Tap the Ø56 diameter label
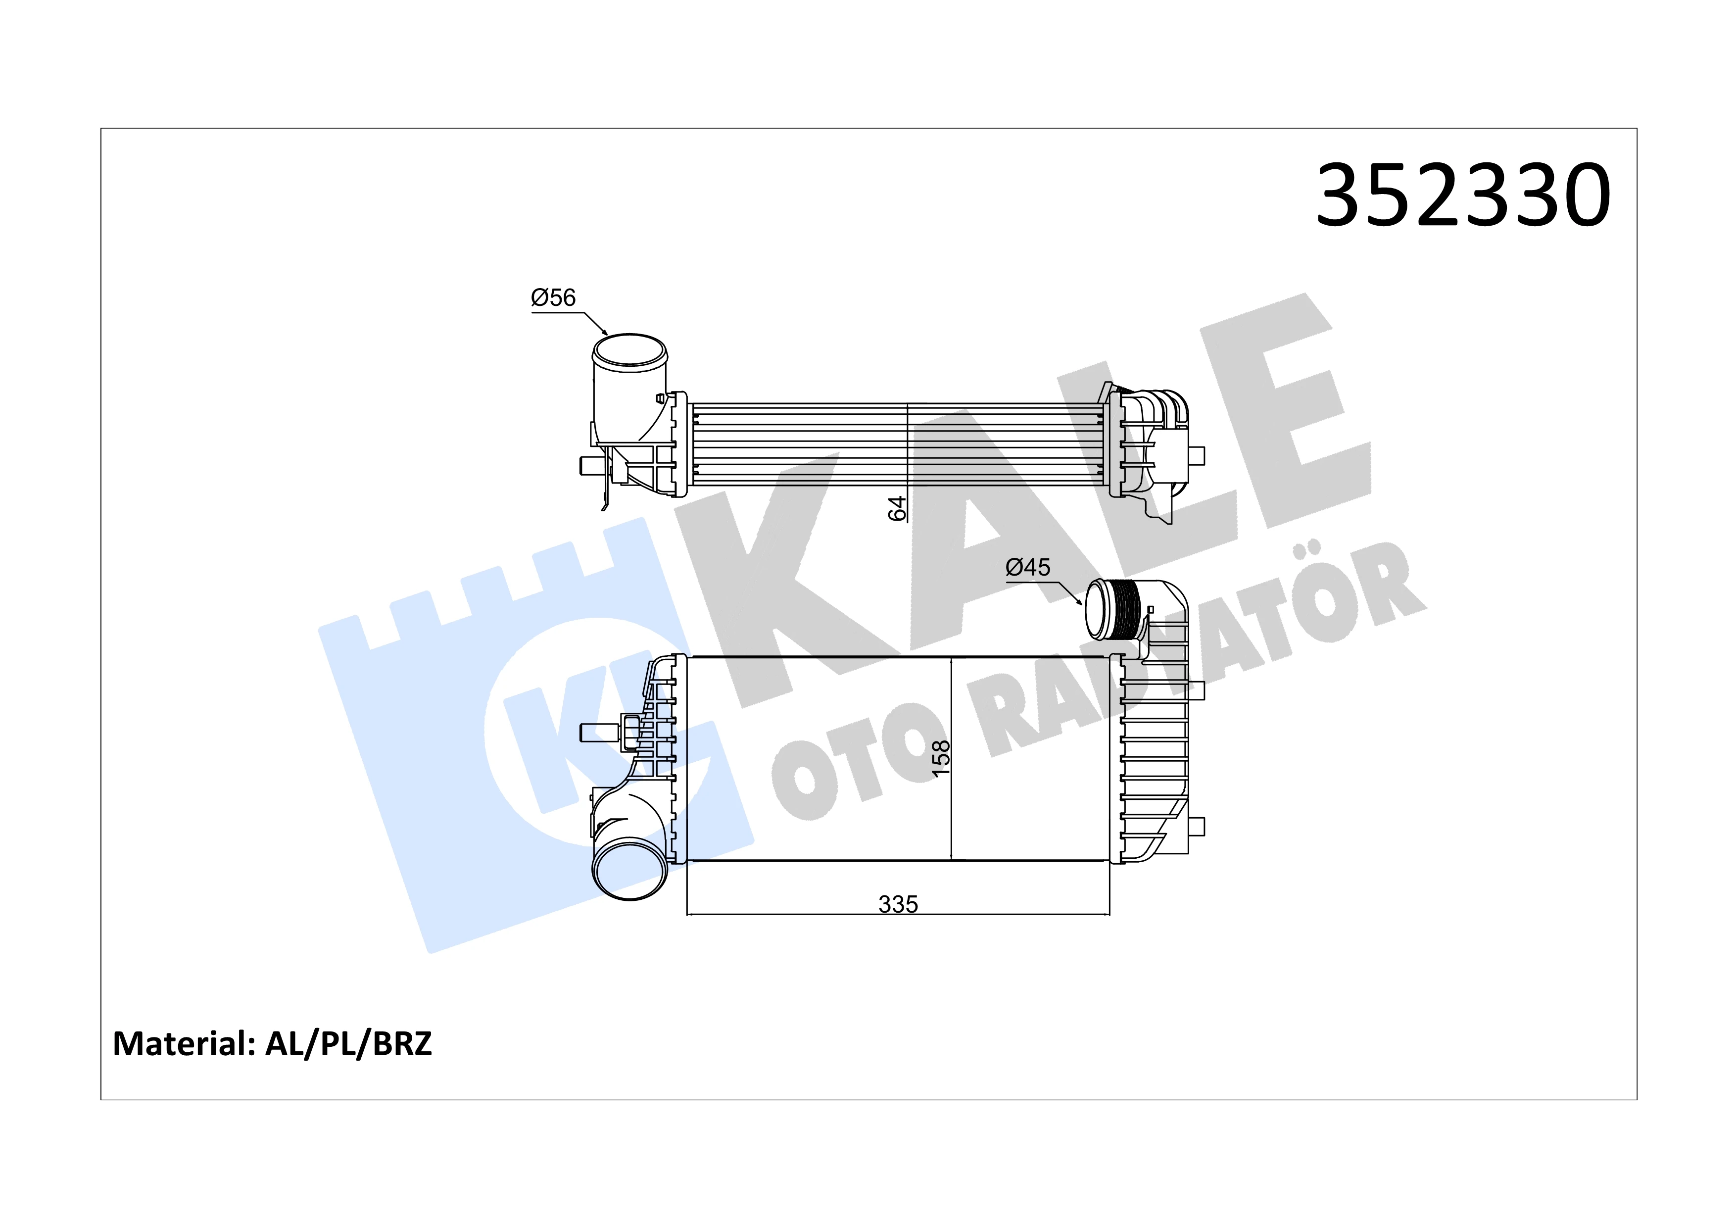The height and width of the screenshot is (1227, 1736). pos(553,298)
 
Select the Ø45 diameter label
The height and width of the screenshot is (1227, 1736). pos(1027,567)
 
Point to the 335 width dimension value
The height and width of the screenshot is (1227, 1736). pos(898,904)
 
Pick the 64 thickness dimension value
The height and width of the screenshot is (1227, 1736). pos(897,508)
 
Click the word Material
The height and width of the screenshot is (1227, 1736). pos(182,1044)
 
